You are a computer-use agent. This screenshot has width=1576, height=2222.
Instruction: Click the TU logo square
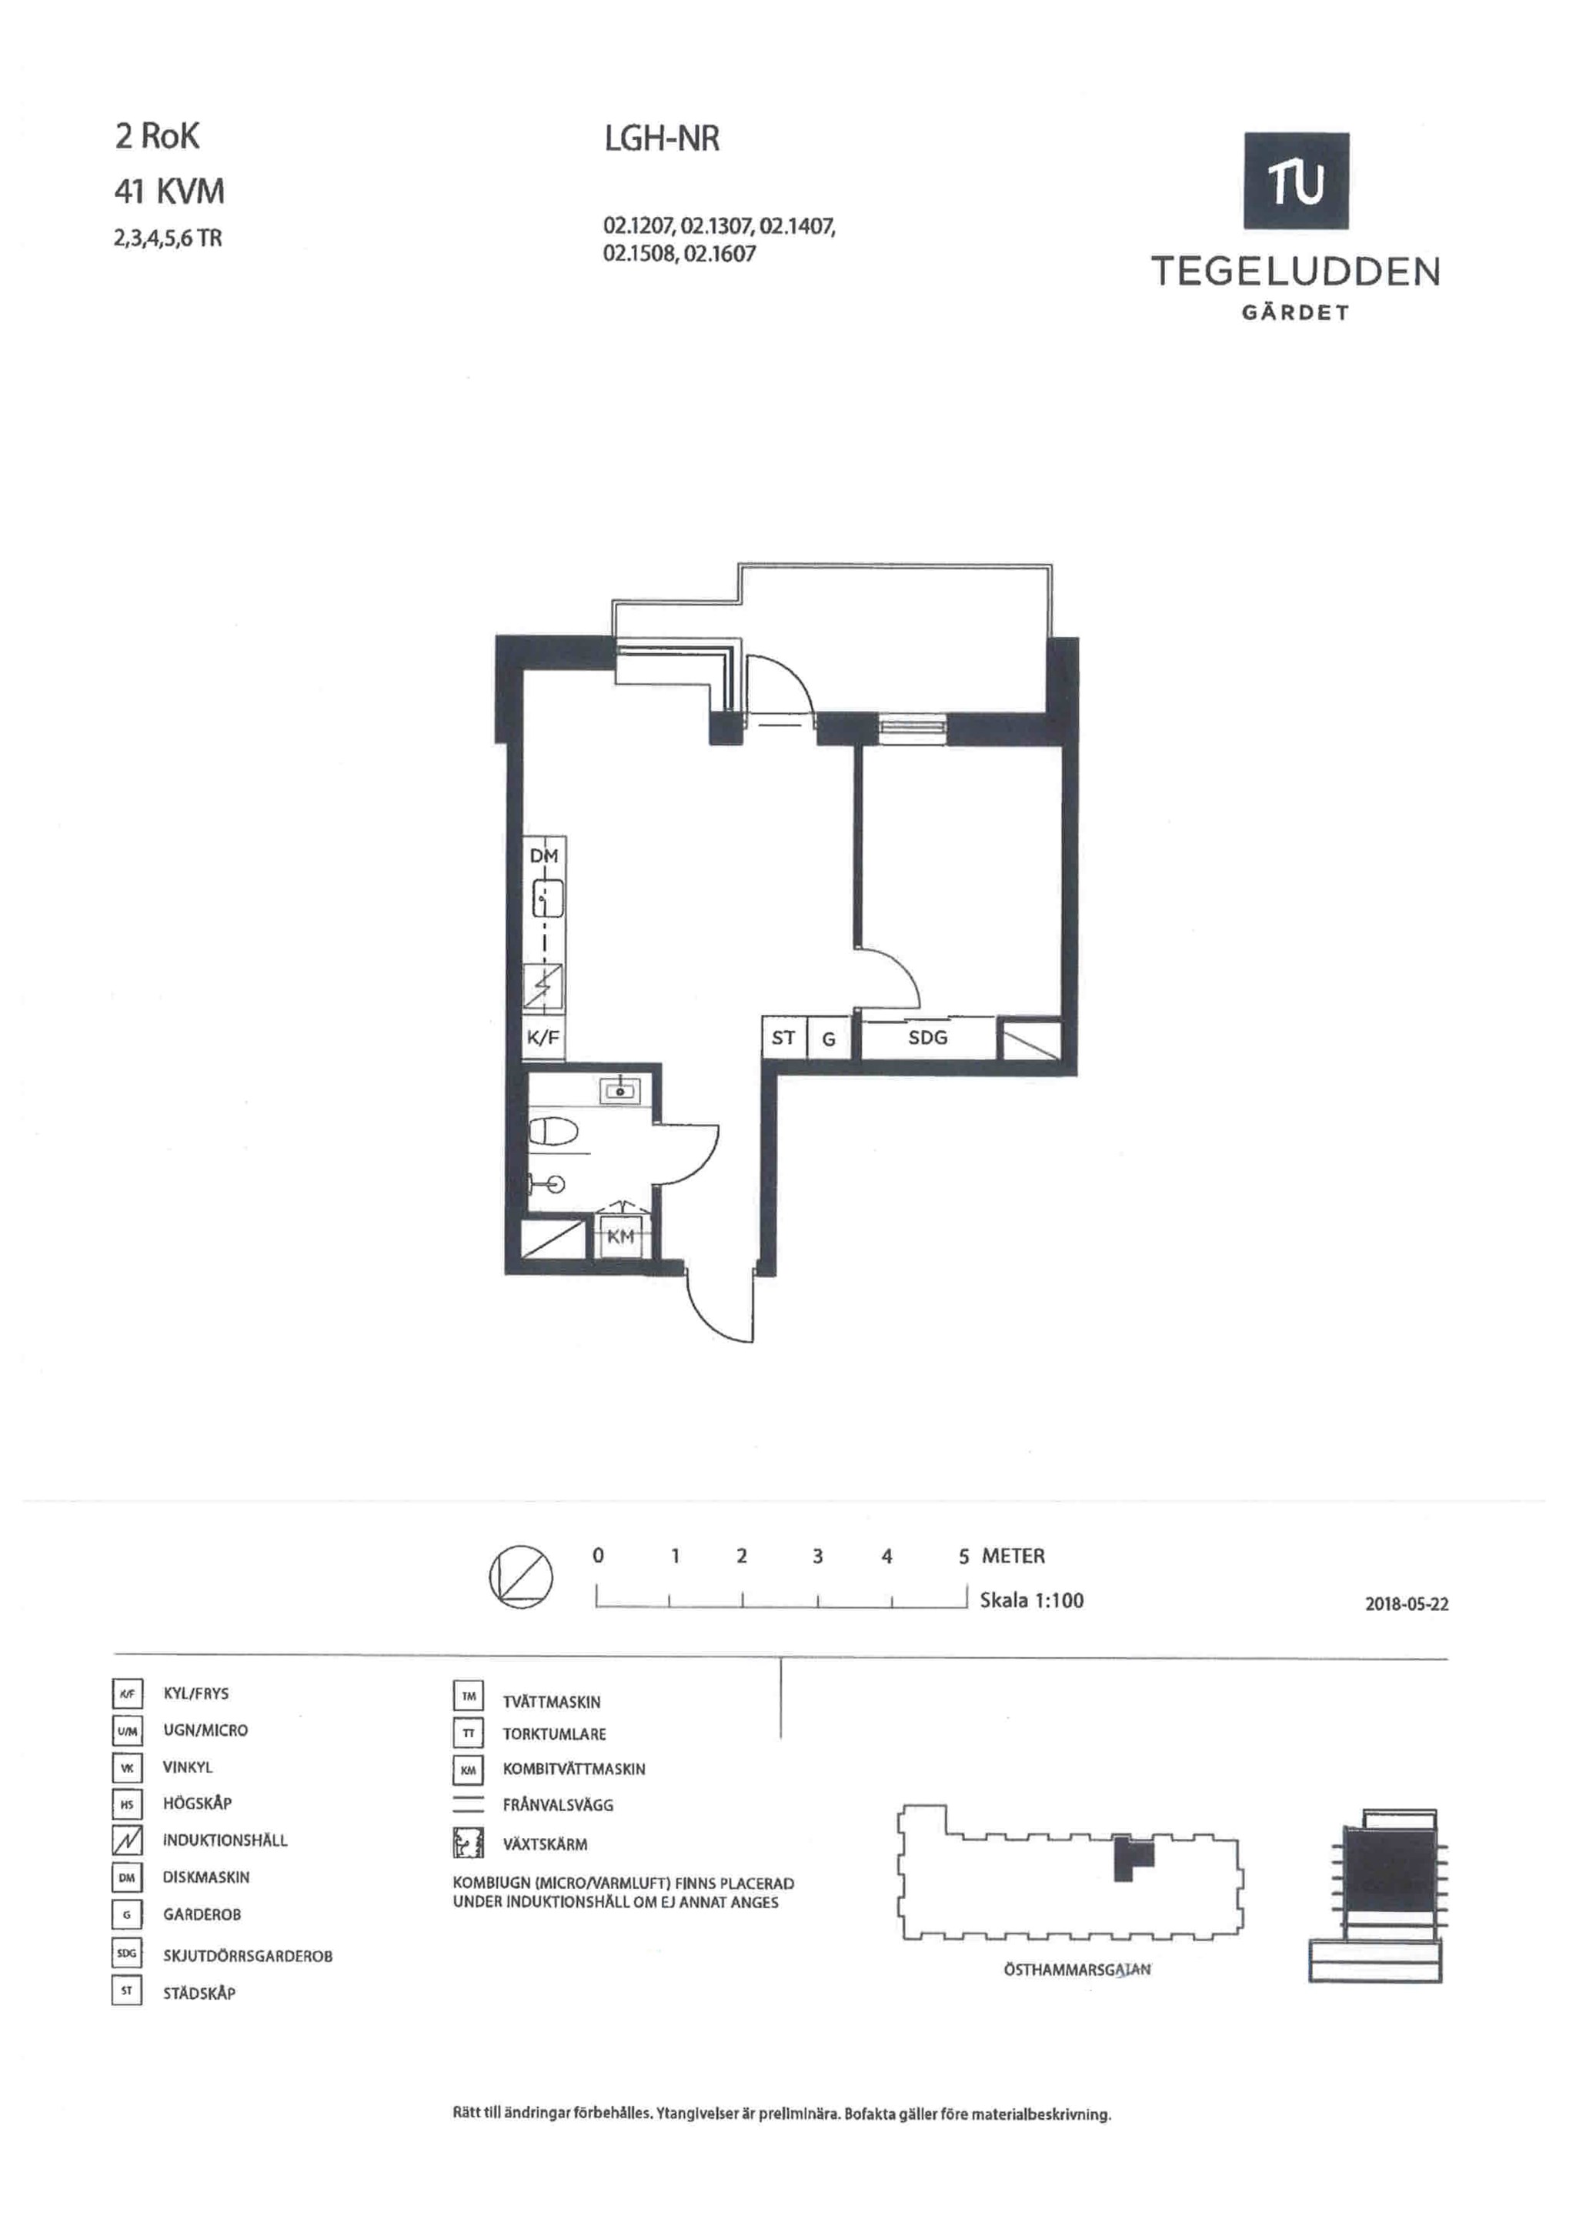tap(1296, 181)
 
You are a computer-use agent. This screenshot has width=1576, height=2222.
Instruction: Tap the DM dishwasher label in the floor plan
tap(543, 856)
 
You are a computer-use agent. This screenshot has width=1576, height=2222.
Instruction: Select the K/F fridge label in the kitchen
tap(543, 1037)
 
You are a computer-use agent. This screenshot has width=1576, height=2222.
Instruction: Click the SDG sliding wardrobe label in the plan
tap(928, 1037)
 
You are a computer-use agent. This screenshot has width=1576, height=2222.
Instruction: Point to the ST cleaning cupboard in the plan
tap(783, 1037)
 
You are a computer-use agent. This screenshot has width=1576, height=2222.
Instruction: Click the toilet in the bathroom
tap(554, 1131)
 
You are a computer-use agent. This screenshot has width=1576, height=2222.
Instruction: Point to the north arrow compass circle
tap(520, 1576)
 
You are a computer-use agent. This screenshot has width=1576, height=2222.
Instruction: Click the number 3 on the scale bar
tap(817, 1556)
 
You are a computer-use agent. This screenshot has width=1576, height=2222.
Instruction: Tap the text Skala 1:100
tap(1032, 1600)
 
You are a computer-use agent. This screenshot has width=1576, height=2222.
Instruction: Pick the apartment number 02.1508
tap(639, 254)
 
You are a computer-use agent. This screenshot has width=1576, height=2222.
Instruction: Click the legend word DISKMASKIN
tap(205, 1877)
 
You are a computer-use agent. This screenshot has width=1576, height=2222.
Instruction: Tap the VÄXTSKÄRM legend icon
tap(468, 1843)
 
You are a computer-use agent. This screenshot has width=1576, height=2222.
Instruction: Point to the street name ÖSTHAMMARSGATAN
tap(1077, 1970)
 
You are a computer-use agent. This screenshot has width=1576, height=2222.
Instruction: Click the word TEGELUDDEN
tap(1296, 272)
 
